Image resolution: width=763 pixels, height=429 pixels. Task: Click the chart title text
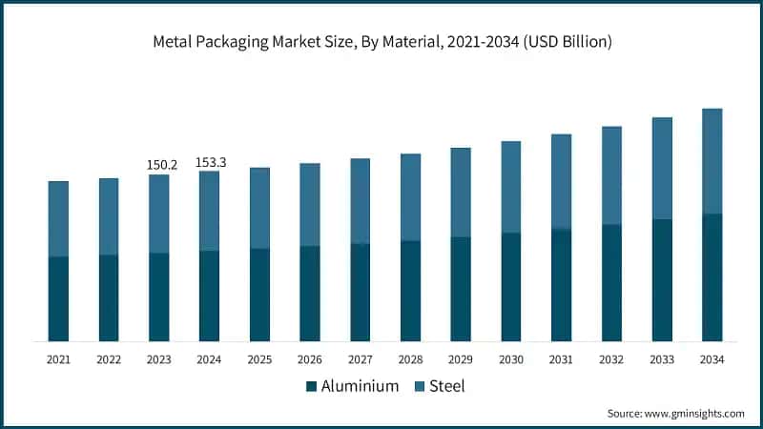381,41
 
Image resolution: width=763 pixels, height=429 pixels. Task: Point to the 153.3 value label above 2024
210,162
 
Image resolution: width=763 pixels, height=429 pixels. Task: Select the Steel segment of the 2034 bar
711,160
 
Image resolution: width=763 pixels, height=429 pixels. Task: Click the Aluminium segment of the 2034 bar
711,276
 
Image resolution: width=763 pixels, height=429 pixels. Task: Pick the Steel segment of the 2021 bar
58,218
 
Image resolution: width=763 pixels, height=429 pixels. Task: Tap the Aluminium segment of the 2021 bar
58,298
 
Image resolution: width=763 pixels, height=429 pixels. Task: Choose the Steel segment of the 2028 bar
410,196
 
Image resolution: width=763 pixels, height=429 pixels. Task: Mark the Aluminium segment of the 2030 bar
511,286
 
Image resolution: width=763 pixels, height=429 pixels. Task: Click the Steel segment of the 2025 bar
259,208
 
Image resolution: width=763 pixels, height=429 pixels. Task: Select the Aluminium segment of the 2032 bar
611,282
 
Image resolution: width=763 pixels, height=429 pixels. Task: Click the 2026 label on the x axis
310,359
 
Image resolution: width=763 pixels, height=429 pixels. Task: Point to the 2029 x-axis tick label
461,359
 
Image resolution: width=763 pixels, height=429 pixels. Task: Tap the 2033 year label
662,359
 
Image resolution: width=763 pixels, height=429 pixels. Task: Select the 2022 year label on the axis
109,359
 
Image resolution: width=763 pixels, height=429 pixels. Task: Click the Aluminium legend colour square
312,386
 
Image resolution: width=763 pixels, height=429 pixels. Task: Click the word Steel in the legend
446,386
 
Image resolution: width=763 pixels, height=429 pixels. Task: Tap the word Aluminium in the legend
359,386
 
